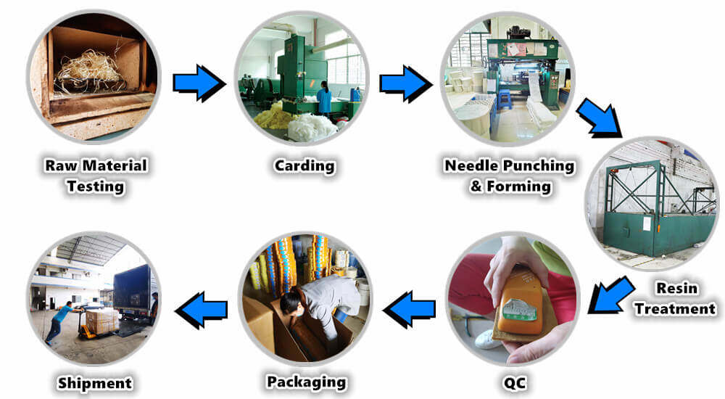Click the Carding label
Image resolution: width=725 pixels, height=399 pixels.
[x=304, y=166]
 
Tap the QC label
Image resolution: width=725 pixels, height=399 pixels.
[x=514, y=383]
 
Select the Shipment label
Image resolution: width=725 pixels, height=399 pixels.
[x=95, y=383]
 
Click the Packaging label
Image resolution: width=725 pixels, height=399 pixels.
[x=307, y=382]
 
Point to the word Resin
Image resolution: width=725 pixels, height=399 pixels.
[x=677, y=288]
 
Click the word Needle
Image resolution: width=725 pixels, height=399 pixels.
[x=472, y=165]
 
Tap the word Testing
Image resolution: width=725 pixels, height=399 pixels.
[x=96, y=186]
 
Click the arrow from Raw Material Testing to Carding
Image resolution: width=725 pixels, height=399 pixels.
[x=199, y=83]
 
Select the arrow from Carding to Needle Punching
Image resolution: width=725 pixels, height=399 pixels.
[x=406, y=83]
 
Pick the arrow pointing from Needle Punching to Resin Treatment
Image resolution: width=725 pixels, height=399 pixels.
[x=600, y=118]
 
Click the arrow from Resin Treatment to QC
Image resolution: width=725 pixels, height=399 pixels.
[x=610, y=295]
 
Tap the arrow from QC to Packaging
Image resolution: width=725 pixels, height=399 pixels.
[x=409, y=309]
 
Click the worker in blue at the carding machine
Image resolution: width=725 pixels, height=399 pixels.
[x=324, y=98]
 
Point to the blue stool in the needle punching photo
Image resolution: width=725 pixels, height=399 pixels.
[x=505, y=99]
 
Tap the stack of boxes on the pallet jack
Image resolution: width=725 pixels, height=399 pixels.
[x=102, y=321]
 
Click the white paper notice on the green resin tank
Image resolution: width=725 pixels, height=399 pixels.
[x=647, y=224]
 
